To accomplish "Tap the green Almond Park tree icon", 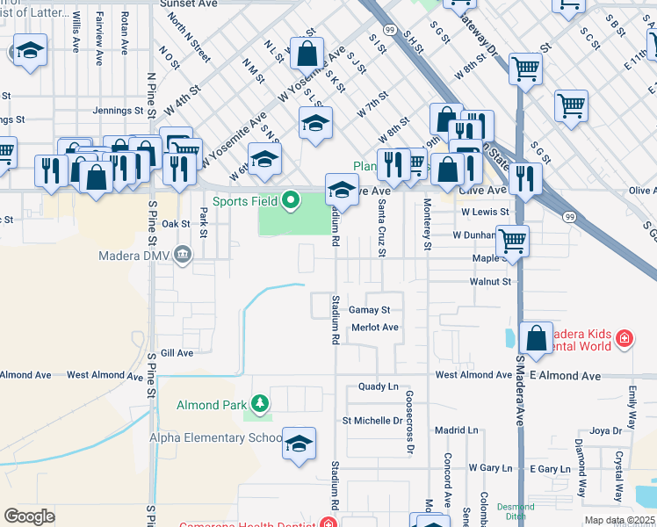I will tap(259, 404).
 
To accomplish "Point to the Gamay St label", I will tap(369, 310).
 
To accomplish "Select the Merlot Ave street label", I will tap(375, 327).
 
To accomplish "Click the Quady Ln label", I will tap(379, 386).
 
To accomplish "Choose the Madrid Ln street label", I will tap(457, 430).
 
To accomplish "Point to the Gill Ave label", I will tap(177, 352).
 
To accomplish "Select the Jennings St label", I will tap(119, 111).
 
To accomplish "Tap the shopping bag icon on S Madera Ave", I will tap(536, 339).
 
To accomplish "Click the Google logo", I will tap(29, 516).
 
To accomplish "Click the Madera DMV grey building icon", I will tap(182, 256).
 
